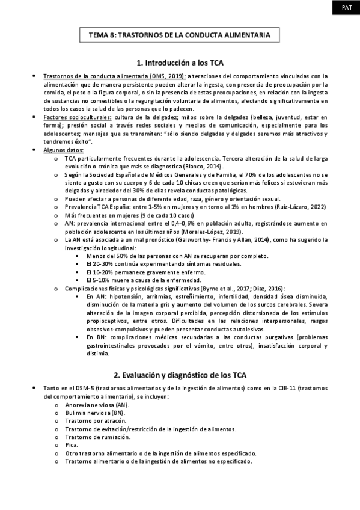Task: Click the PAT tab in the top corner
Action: [347, 8]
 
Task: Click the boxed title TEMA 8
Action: [180, 35]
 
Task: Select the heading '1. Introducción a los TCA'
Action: [180, 63]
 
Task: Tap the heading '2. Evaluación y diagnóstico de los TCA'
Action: [180, 375]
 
